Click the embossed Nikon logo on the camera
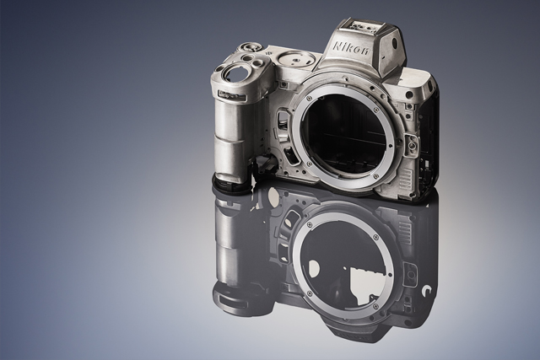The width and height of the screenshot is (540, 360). click(x=352, y=49)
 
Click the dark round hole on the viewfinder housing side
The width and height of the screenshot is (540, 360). click(x=395, y=44)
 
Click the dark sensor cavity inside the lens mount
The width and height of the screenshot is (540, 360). click(x=348, y=135)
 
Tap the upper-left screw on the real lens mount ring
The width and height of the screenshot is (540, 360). click(x=307, y=99)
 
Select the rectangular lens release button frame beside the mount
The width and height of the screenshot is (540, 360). click(x=411, y=143)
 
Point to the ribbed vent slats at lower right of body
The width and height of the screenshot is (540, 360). click(x=407, y=179)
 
